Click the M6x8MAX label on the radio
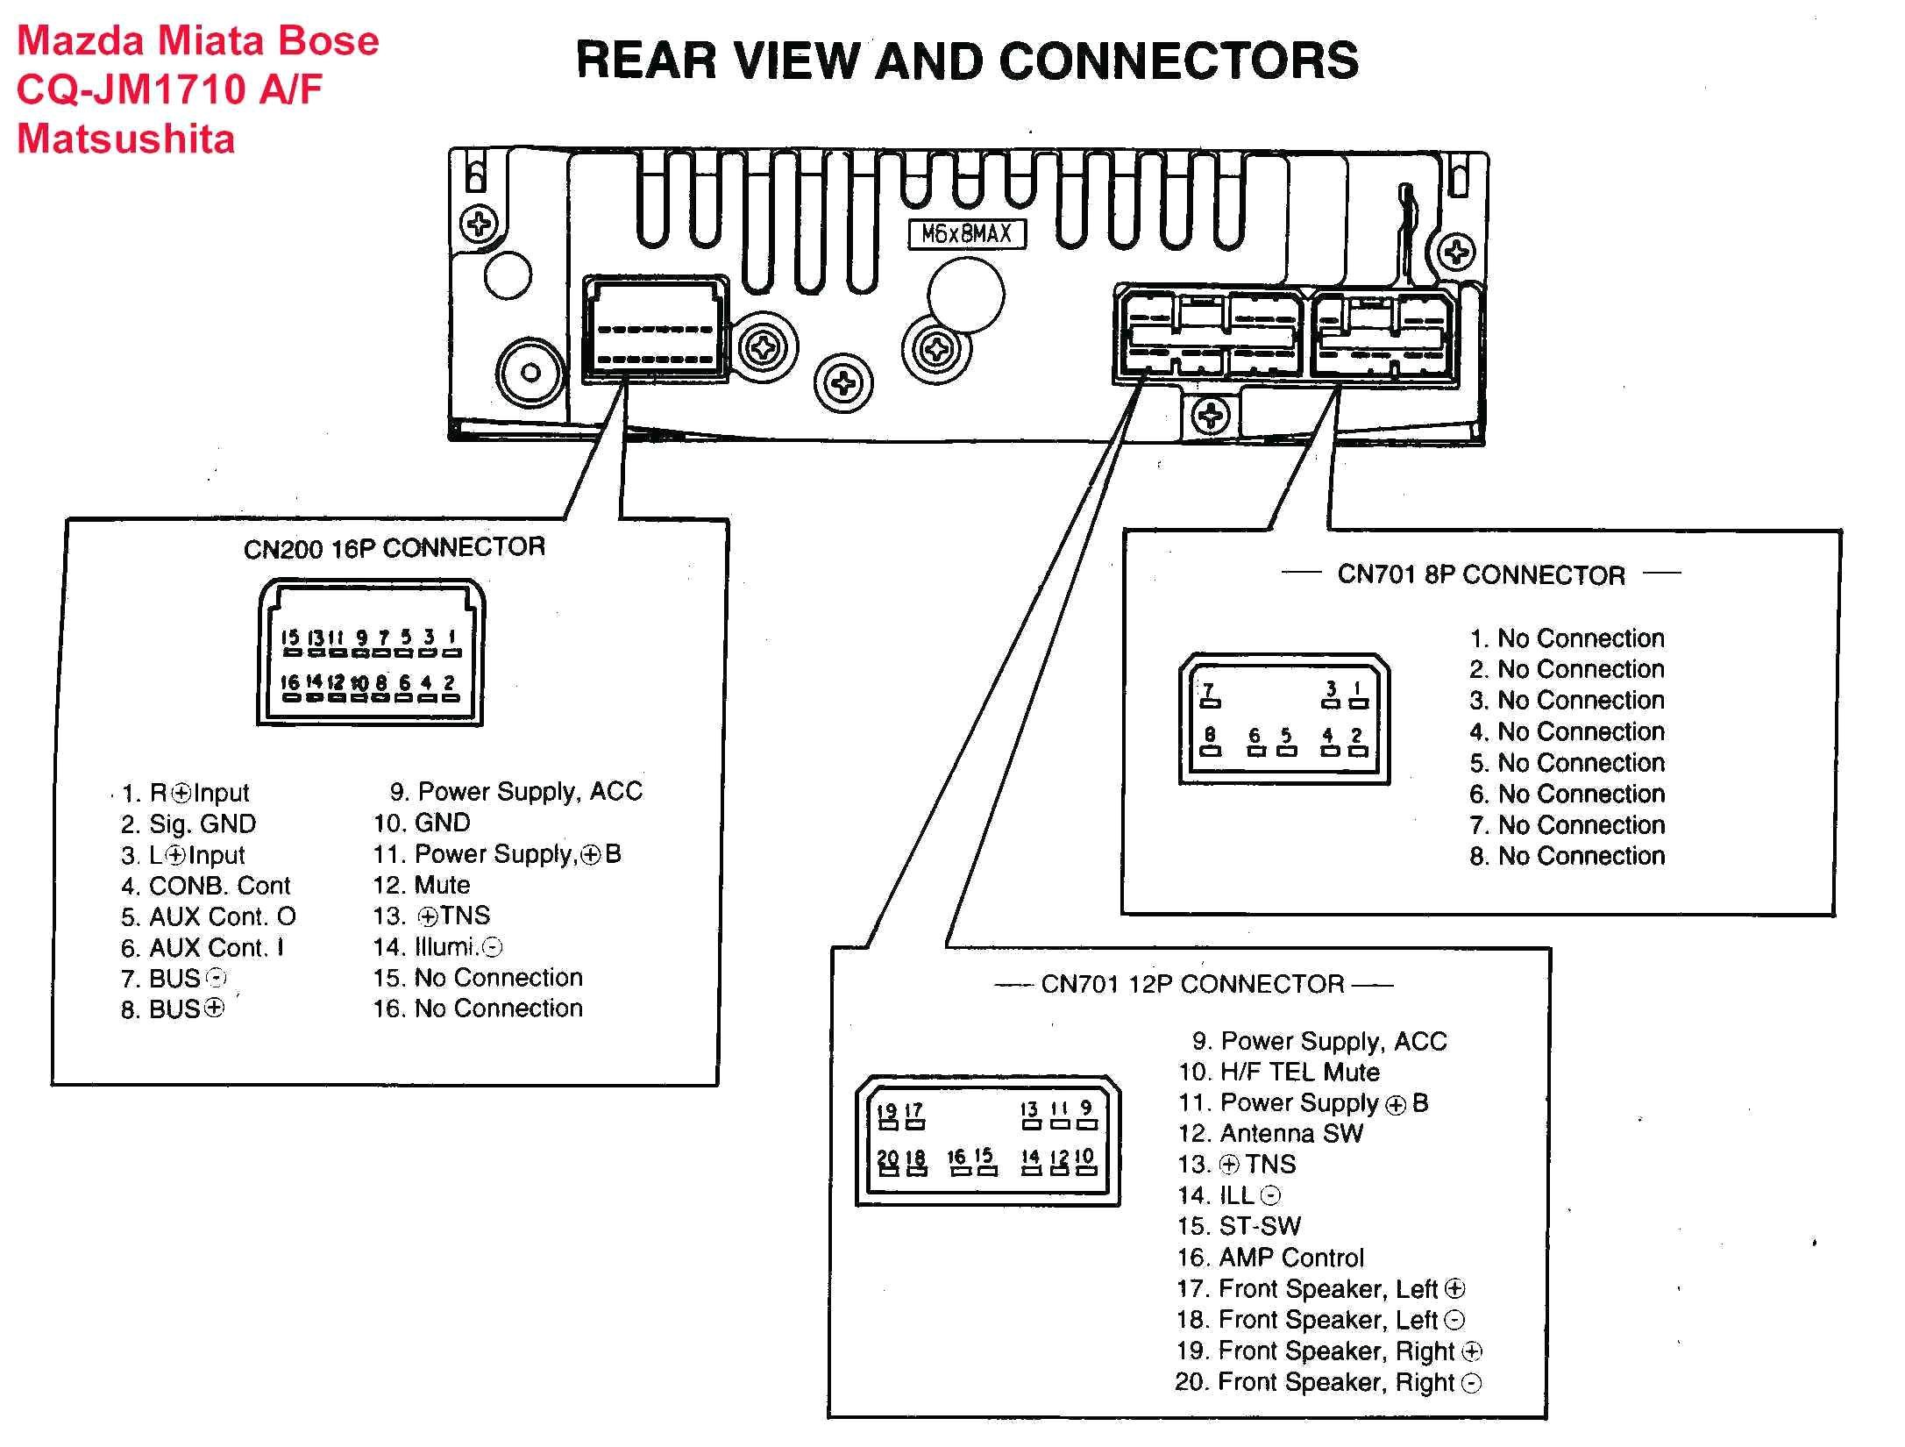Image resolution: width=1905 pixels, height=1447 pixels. click(966, 234)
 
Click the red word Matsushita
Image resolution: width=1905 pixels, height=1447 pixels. click(125, 139)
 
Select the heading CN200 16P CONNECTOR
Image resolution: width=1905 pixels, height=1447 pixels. click(394, 548)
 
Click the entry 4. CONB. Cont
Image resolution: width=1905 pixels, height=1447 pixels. click(206, 886)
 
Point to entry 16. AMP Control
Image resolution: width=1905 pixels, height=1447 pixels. click(1270, 1258)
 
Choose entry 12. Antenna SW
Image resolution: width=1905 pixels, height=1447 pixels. click(1270, 1134)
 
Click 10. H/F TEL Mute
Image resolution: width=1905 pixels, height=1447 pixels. click(1279, 1072)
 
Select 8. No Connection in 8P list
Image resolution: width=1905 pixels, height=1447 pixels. click(1567, 856)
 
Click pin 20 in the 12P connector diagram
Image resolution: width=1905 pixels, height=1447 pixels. click(887, 1158)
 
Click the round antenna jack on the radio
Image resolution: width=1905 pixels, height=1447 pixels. click(530, 372)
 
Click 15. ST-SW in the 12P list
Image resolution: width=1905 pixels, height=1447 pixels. click(1239, 1226)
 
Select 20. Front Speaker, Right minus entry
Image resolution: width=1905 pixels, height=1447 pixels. click(1327, 1382)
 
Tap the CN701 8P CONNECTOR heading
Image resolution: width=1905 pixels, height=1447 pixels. click(1481, 575)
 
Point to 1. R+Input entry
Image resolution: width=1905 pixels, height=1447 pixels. click(186, 793)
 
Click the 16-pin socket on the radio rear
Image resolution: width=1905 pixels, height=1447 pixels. click(655, 331)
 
